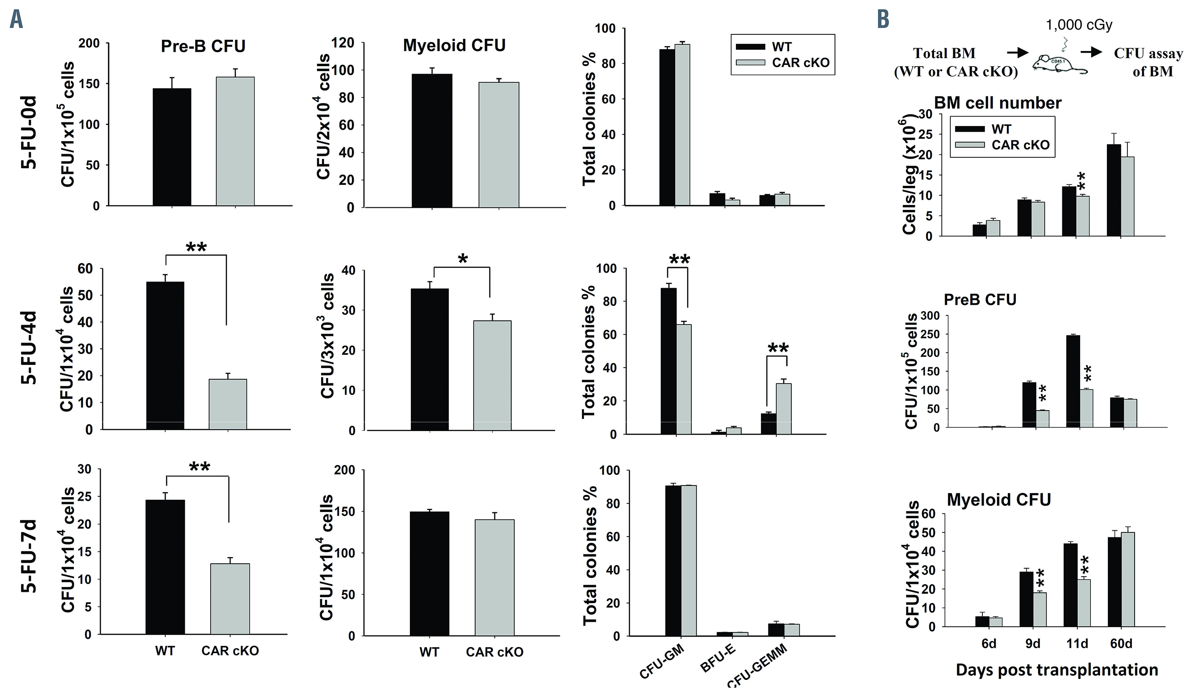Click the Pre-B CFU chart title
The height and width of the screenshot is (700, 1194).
203,46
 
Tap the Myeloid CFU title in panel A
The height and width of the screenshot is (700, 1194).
454,45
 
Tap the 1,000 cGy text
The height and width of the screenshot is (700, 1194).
1079,24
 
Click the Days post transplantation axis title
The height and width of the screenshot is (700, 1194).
1056,670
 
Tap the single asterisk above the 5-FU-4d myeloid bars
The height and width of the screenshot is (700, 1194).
463,259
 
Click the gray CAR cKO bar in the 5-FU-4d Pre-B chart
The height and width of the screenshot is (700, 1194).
228,404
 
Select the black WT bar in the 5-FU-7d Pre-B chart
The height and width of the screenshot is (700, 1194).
165,567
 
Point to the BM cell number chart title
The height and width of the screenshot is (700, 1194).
998,103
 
